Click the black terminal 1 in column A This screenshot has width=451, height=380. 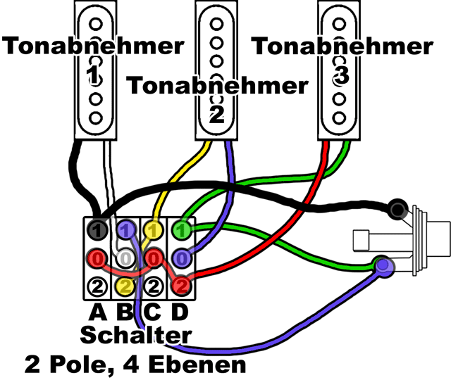click(x=98, y=230)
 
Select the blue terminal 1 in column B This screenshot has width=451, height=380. click(x=126, y=229)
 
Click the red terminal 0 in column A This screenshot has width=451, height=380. click(x=98, y=258)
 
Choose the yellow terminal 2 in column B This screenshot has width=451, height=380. click(x=126, y=285)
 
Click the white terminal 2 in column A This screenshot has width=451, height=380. click(x=98, y=285)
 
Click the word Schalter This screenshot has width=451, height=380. click(x=135, y=335)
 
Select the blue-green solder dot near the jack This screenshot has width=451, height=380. click(x=383, y=265)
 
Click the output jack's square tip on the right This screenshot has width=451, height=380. click(x=441, y=239)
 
